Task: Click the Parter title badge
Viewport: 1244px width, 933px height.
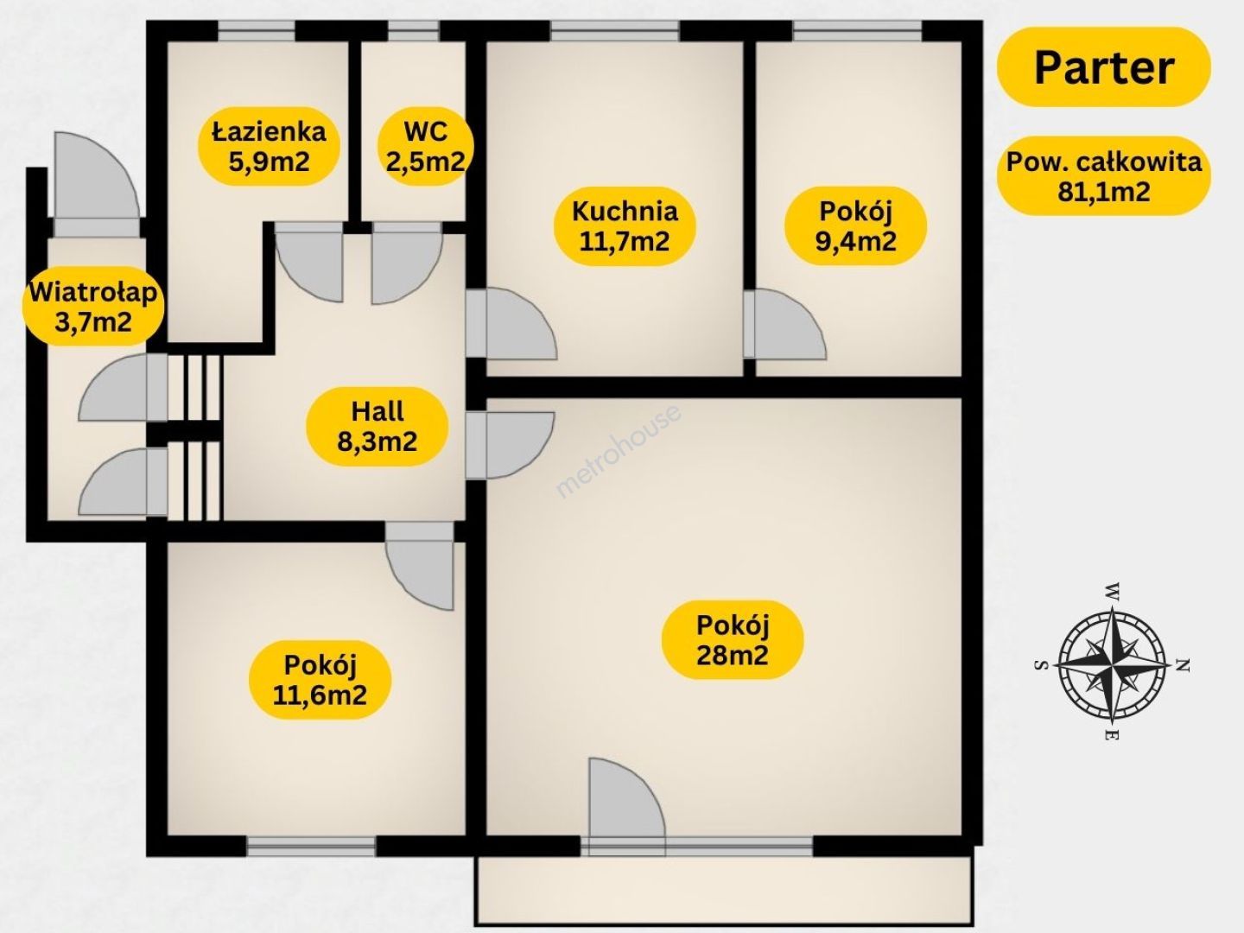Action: [x=1103, y=67]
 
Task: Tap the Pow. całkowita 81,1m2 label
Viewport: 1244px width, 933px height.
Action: [x=1103, y=176]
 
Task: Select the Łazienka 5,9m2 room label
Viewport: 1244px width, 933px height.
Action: [x=269, y=146]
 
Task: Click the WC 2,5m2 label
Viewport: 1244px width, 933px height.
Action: [x=425, y=146]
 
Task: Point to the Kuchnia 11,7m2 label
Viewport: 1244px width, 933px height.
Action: [x=625, y=226]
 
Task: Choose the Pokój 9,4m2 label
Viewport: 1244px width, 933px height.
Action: [x=856, y=226]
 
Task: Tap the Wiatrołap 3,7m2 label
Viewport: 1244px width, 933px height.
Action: [x=93, y=307]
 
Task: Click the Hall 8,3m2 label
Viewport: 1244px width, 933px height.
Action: [x=378, y=427]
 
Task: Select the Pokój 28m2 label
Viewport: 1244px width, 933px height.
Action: [x=733, y=639]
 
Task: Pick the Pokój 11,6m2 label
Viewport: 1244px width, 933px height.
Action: [x=320, y=680]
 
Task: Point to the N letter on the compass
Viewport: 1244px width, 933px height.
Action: [x=1184, y=664]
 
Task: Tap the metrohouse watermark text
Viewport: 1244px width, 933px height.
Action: [x=619, y=449]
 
